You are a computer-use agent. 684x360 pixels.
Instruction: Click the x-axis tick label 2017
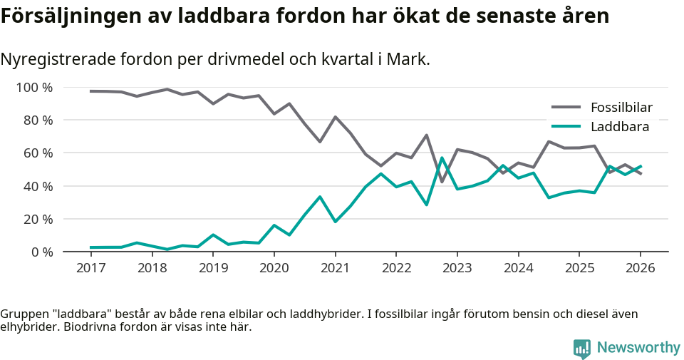90,268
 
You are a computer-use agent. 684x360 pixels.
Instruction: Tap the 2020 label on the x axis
274,268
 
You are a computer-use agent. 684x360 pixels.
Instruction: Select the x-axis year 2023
457,268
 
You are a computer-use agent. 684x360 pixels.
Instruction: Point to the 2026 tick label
640,268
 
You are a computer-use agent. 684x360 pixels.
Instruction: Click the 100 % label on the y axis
35,88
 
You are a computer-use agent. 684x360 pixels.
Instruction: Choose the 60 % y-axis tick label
38,153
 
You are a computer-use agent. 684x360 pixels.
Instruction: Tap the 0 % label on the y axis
41,252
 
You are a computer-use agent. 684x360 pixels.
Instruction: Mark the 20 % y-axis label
38,219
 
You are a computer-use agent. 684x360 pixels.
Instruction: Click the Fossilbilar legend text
621,108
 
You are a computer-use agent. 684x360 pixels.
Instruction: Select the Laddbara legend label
619,127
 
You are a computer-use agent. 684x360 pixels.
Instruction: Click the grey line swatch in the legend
566,108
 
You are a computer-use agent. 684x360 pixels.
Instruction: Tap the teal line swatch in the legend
566,127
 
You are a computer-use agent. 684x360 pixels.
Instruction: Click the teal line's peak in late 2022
442,158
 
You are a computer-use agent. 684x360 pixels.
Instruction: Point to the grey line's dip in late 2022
442,182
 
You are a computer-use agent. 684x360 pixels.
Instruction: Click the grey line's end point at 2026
641,173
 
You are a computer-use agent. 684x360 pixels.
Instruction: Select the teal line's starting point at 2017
91,247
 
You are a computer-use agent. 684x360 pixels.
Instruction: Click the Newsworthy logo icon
582,348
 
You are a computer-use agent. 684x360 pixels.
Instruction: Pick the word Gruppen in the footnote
23,314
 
